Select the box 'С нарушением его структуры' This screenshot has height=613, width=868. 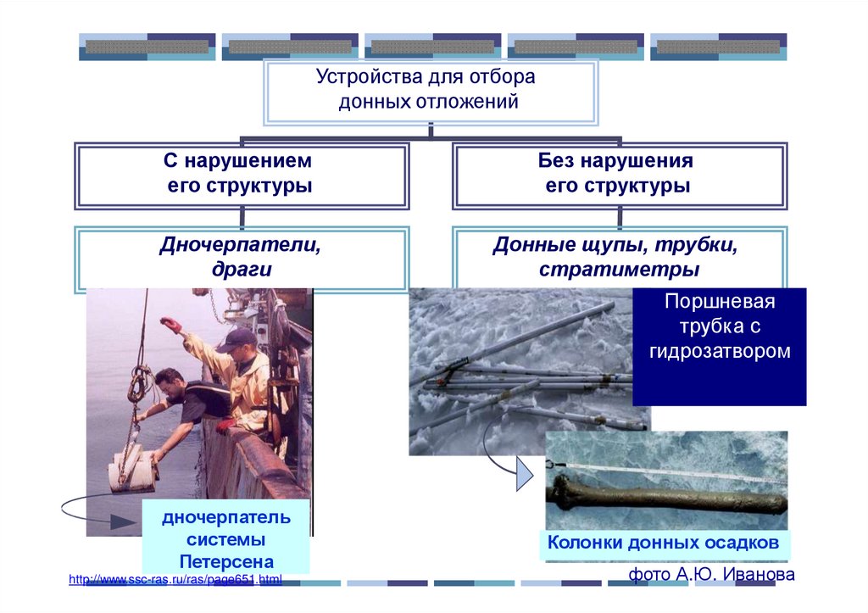click(242, 175)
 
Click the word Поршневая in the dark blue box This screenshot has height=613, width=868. click(720, 303)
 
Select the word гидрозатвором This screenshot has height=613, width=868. click(720, 350)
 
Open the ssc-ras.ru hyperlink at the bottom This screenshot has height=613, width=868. click(175, 579)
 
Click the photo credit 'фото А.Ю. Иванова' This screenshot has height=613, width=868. click(711, 575)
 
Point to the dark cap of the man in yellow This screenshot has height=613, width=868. click(236, 340)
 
